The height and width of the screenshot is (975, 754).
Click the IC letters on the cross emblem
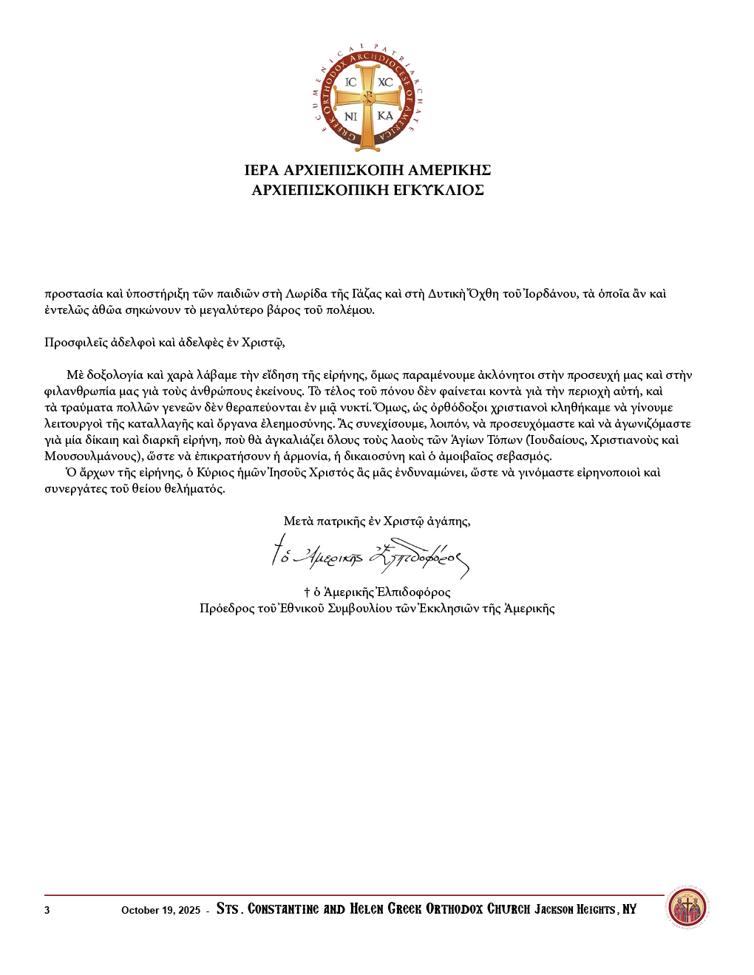tap(351, 82)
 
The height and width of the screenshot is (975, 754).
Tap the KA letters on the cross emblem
tap(385, 116)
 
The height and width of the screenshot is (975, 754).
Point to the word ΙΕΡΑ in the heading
tap(262, 171)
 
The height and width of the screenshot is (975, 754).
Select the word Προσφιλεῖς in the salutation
tap(75, 343)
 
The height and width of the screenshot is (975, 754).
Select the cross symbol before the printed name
tap(307, 592)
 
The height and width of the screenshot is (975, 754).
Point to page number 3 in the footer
tap(47, 910)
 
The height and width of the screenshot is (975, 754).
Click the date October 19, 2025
tap(160, 910)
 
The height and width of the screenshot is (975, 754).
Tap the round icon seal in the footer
tap(687, 909)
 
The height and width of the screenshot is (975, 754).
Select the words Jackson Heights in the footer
tap(575, 909)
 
